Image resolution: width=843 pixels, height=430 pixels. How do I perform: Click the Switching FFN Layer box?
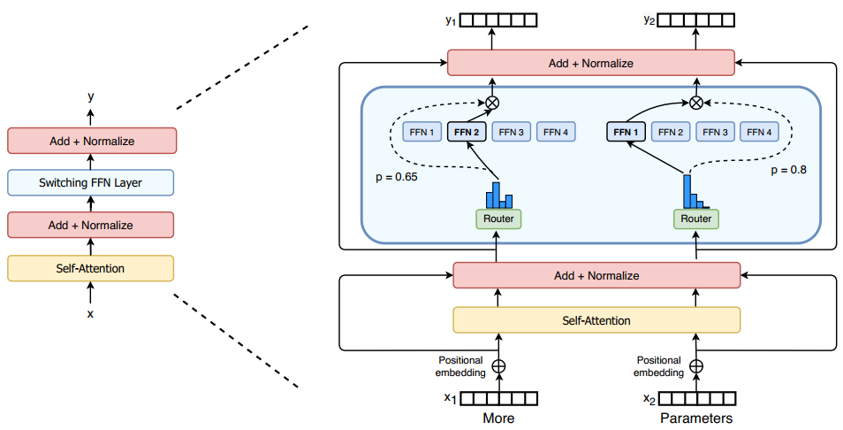point(90,182)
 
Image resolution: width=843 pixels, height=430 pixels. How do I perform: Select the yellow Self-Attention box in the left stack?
point(90,268)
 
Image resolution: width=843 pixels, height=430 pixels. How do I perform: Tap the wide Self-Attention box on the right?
point(596,320)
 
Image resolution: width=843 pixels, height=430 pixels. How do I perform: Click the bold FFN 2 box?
point(467,132)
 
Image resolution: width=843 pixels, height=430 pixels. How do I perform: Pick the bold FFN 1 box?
point(626,132)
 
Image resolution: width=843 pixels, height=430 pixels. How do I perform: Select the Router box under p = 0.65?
point(498,219)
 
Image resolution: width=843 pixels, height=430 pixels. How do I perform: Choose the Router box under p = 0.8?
point(695,219)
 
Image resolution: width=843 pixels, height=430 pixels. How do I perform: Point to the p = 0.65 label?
point(396,177)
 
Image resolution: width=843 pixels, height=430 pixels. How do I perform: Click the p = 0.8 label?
point(789,170)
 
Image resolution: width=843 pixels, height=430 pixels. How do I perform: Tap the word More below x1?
point(498,418)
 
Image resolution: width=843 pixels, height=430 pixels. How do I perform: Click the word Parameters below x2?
point(696,418)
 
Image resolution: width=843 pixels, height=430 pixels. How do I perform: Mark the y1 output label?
point(451,20)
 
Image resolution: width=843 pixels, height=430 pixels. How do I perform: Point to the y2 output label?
point(649,20)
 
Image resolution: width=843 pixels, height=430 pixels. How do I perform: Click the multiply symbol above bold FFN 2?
point(491,103)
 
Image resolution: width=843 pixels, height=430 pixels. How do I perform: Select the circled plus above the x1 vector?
point(499,366)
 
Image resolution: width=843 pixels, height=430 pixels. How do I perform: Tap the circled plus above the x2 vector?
point(696,366)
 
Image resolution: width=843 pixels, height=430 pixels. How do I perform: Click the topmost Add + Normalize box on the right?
point(591,63)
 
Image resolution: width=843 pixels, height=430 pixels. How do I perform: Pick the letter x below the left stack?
point(90,313)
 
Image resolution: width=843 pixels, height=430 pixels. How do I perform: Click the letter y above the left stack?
point(91,96)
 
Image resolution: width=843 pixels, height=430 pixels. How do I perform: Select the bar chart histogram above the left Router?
point(499,195)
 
